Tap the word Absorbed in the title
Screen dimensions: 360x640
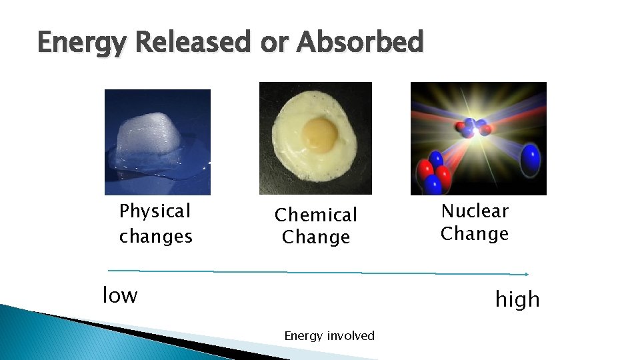[360, 43]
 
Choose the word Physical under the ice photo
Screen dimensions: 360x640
[155, 211]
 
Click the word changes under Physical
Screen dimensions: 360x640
[156, 236]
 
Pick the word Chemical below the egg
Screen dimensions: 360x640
[316, 215]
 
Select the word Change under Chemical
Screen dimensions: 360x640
[316, 237]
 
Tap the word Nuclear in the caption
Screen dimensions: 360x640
[475, 211]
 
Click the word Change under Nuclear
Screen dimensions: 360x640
[475, 234]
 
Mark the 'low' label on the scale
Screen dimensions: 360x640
[120, 295]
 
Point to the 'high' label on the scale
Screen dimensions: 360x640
[517, 300]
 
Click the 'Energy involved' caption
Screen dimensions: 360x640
[329, 336]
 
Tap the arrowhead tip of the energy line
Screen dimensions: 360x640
[527, 274]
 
